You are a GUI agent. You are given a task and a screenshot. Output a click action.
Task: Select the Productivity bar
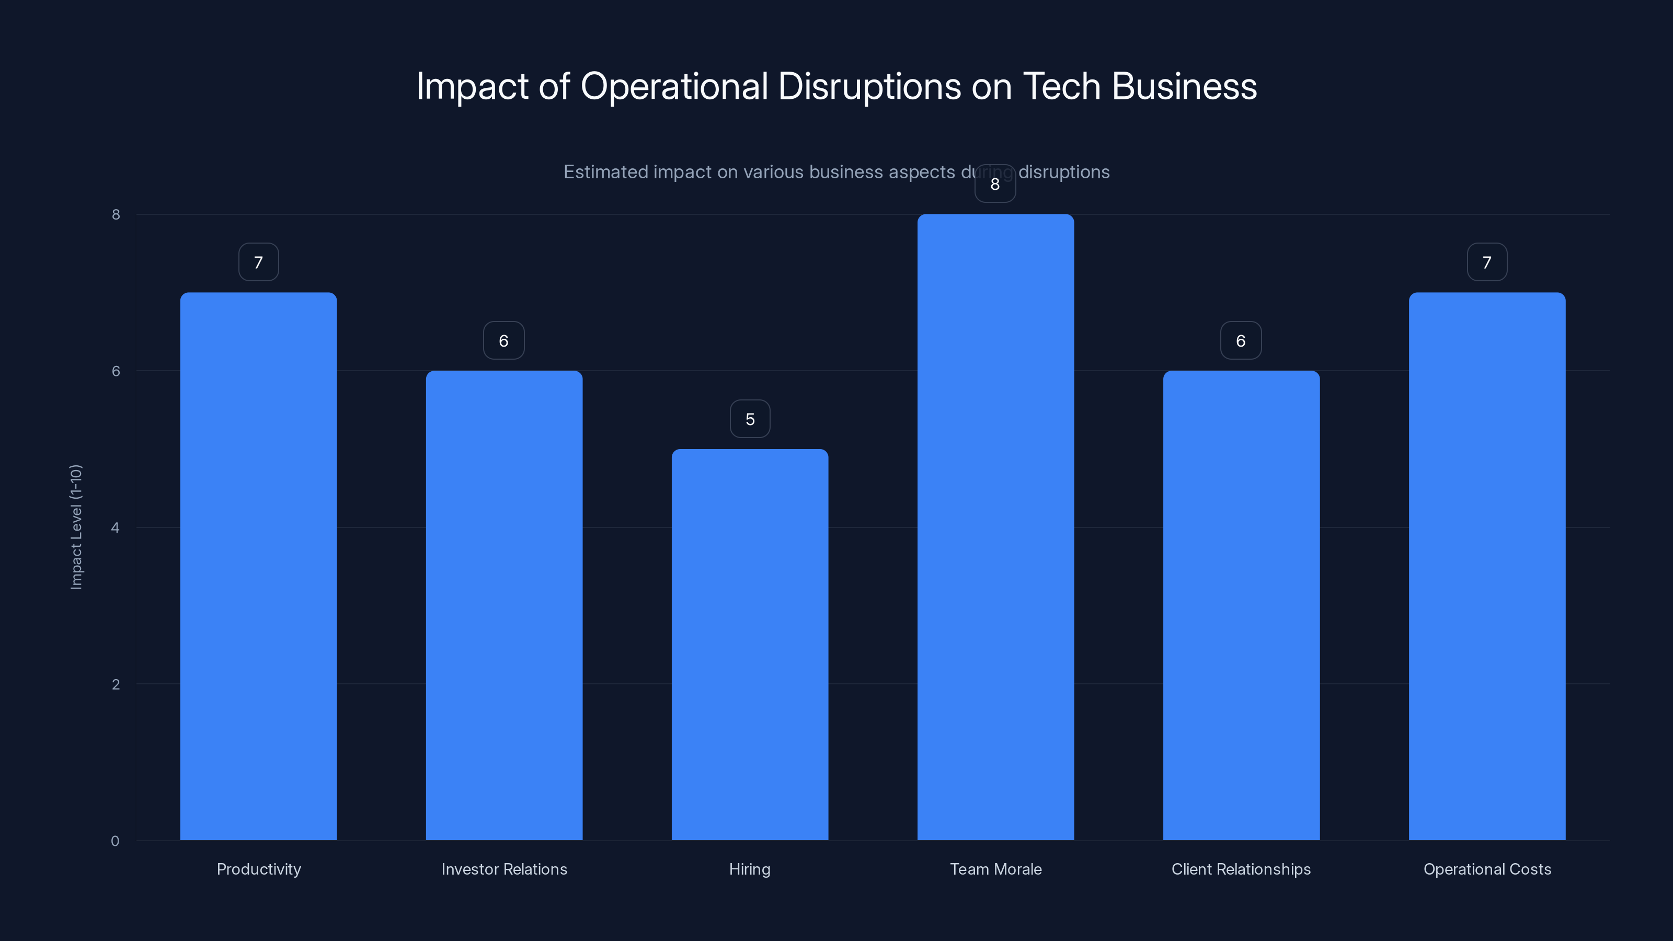tap(258, 566)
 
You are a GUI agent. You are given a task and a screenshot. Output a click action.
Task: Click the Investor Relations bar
tap(504, 605)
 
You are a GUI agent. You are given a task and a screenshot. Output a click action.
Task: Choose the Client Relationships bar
tap(1241, 605)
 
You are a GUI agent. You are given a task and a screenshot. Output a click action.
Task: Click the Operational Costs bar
tap(1487, 566)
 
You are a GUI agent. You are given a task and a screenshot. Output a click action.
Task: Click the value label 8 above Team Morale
tap(995, 185)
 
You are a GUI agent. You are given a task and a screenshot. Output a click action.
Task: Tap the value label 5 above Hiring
tap(750, 419)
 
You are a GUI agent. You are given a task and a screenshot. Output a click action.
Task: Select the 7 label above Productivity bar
tap(258, 262)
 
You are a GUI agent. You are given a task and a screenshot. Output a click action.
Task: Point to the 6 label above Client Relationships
tap(1241, 341)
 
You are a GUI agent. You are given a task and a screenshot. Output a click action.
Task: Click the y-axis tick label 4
tap(116, 527)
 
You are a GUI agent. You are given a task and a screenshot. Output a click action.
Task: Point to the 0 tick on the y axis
tap(116, 841)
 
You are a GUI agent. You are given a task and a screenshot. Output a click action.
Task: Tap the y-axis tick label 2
tap(116, 684)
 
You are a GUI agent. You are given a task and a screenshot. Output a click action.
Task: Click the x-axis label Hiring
tap(750, 869)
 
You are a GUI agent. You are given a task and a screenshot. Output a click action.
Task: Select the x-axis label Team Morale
tap(995, 869)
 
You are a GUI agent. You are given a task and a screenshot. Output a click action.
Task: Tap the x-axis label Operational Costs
tap(1487, 869)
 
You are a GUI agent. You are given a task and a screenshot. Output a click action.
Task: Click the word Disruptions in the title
tap(869, 86)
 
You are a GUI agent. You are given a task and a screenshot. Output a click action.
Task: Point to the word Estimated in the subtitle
tap(605, 172)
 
